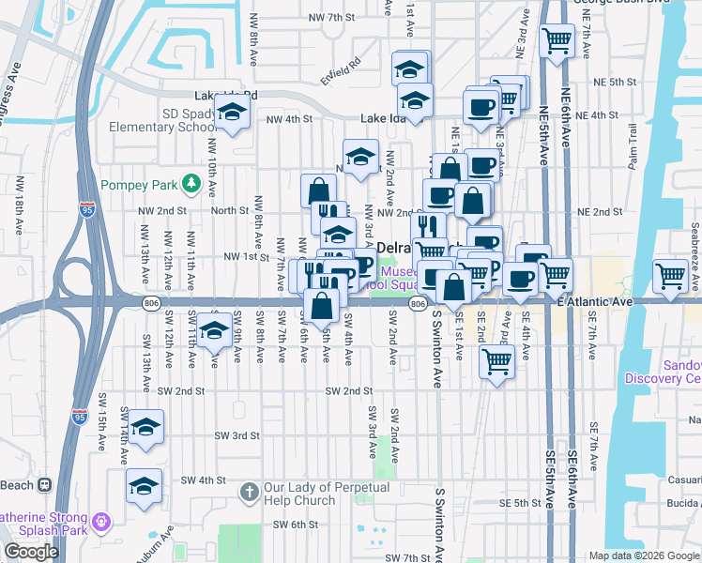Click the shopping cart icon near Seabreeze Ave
tap(671, 276)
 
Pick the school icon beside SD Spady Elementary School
tap(231, 114)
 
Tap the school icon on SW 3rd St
tap(145, 428)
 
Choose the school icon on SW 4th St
tap(144, 486)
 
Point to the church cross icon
tap(249, 491)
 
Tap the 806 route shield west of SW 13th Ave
tap(151, 302)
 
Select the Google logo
tap(32, 552)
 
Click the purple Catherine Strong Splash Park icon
tap(102, 518)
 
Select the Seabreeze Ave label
tap(694, 244)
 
